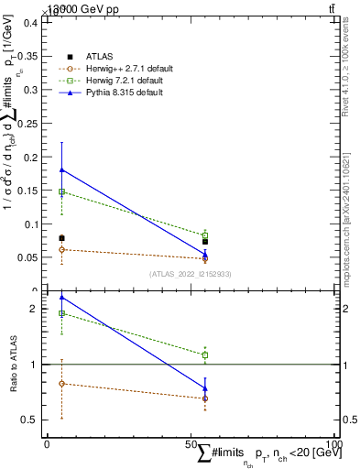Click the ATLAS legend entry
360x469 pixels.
coord(100,57)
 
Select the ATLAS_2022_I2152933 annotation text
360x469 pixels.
coord(191,274)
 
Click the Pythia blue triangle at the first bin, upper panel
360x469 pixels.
coord(61,169)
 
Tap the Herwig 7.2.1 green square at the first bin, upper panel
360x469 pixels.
coord(61,191)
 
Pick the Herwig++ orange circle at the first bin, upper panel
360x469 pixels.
coord(61,249)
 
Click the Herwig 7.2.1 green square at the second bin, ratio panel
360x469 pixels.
coord(205,354)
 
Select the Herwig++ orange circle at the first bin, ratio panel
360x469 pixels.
coord(61,384)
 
